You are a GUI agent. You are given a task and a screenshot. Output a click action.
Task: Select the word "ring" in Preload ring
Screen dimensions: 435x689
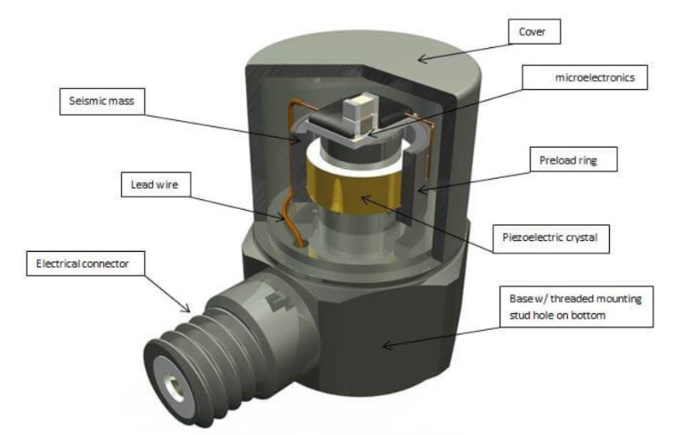click(599, 162)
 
